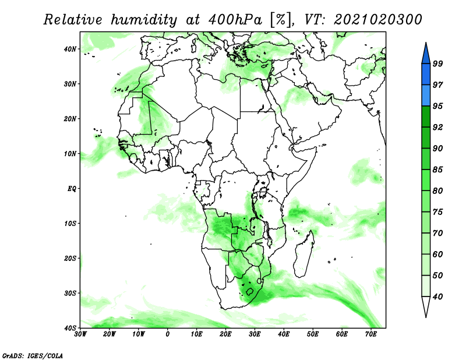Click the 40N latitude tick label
coord(70,49)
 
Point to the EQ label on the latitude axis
coord(72,189)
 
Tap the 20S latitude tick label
coord(70,258)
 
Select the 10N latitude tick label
coord(70,154)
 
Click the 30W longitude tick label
coord(80,334)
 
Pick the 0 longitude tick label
coord(168,334)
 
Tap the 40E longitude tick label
coord(284,334)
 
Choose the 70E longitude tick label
coord(371,334)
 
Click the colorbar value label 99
coord(437,63)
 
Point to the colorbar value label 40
coord(437,297)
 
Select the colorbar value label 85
coord(437,170)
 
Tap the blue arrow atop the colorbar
coord(426,54)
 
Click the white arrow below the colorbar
coord(426,307)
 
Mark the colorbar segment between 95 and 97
coord(426,96)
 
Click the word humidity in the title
coord(144,20)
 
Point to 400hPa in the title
coord(235,20)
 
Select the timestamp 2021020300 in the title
coord(377,20)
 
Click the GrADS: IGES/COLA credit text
coord(33,355)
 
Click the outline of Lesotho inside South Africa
coord(249,291)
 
